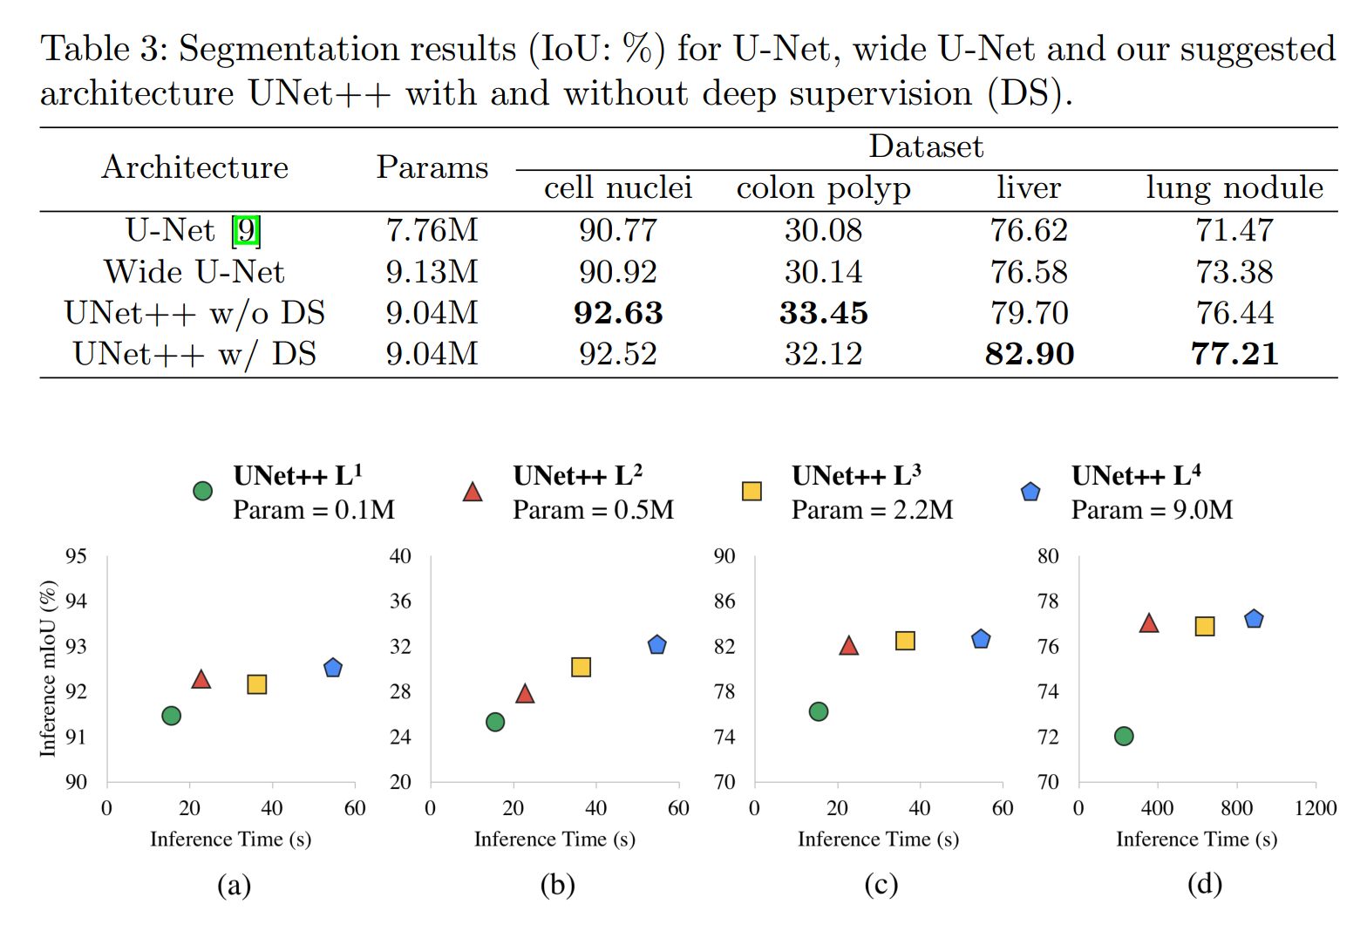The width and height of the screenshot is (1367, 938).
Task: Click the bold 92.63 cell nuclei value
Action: [617, 313]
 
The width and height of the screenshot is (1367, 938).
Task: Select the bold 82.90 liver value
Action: [1029, 354]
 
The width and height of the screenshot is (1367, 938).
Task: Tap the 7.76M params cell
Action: [432, 230]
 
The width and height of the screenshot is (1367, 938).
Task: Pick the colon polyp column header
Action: [823, 188]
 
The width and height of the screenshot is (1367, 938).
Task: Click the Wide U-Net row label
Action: [194, 272]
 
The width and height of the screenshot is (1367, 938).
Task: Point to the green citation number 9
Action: [247, 231]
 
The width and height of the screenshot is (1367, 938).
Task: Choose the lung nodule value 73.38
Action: [1234, 272]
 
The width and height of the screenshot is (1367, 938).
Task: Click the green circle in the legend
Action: [202, 492]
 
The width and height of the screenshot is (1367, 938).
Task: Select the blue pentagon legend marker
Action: [1030, 492]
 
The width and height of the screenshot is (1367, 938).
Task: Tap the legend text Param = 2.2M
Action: [872, 510]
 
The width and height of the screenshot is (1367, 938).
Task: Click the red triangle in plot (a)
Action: [201, 679]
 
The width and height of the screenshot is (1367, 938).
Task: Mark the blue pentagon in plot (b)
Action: [657, 645]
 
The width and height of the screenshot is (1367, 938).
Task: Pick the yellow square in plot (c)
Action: [905, 641]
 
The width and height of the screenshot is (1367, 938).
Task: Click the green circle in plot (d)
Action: [1124, 736]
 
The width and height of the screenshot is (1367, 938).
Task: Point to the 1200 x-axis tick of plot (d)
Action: [1315, 808]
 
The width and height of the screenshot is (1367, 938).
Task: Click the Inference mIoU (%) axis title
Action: [48, 669]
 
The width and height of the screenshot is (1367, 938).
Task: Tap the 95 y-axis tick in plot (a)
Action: [77, 556]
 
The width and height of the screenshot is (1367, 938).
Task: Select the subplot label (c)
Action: [881, 885]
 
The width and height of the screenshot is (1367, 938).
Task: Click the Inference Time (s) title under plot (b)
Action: [554, 839]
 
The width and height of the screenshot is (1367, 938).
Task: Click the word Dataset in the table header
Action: [926, 146]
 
